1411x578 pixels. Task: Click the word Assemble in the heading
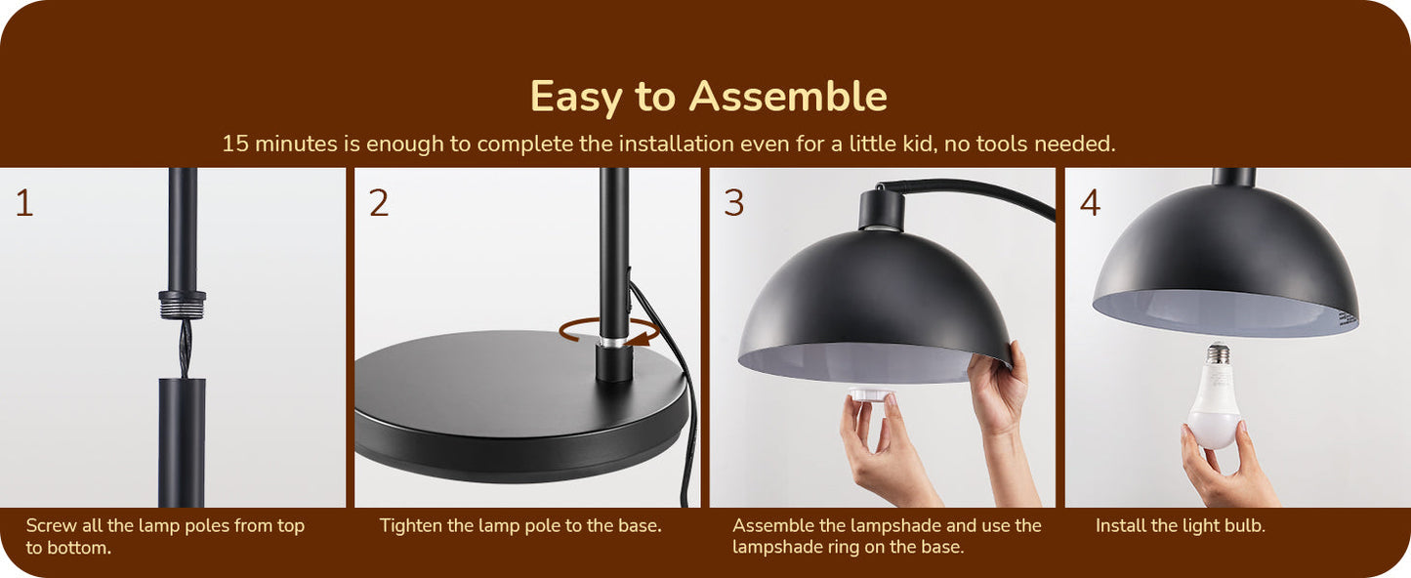788,97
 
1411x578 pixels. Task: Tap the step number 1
24,203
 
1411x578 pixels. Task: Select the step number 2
379,203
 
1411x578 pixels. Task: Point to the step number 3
734,203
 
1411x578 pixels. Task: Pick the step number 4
1090,203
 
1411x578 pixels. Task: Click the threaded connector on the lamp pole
182,305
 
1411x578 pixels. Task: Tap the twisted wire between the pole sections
184,349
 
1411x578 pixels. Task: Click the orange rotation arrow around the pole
609,332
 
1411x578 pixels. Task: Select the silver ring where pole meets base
613,342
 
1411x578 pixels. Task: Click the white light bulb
1215,396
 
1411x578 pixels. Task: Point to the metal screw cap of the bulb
1219,353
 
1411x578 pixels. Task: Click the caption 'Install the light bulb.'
1180,525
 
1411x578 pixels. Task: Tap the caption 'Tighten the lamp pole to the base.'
520,525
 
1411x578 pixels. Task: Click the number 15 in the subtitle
235,144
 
